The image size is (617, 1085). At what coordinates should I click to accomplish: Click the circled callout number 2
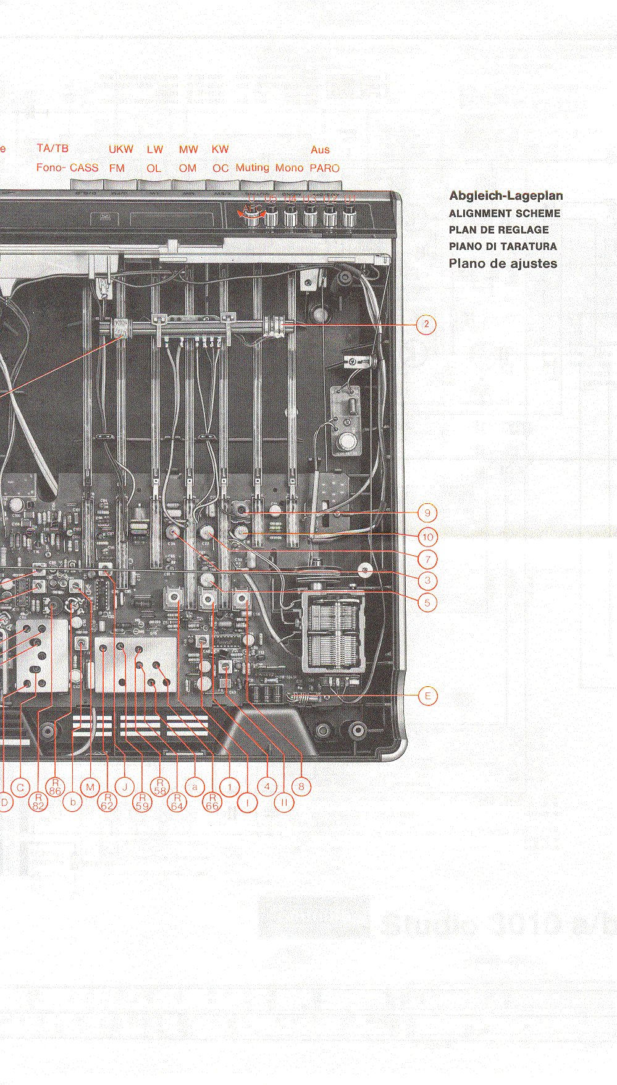426,325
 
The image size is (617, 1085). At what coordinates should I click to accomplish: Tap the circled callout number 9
427,513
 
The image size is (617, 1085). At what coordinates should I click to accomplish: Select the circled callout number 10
427,537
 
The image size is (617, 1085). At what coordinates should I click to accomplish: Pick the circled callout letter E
427,696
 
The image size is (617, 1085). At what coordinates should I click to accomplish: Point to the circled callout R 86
56,786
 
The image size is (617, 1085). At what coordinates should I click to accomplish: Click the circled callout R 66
212,802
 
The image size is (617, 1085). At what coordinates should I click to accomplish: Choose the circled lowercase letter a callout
195,787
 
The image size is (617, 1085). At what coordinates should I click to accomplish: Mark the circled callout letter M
90,787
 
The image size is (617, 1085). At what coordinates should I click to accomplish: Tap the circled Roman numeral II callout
284,802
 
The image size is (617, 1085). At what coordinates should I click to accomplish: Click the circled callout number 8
301,787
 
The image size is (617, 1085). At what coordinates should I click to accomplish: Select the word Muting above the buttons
252,168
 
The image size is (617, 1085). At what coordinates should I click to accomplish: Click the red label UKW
121,149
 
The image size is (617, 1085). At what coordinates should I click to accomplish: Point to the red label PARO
324,168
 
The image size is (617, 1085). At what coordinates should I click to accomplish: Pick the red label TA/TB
52,148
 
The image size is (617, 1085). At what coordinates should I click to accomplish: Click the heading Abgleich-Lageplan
506,196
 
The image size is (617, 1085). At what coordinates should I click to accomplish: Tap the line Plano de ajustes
503,263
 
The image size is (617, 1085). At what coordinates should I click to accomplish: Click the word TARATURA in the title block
528,246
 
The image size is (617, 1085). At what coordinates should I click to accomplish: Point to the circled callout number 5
427,602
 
